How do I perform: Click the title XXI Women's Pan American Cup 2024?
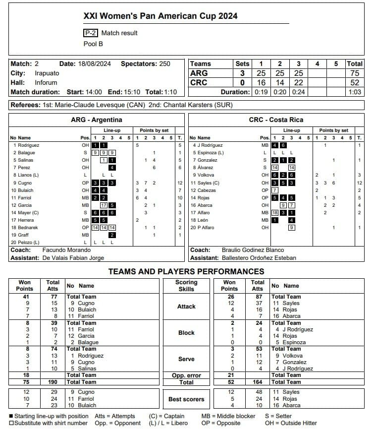[x=161, y=16]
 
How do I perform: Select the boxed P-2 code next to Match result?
[x=90, y=33]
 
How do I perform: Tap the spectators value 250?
[x=164, y=64]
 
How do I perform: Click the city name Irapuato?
[x=47, y=73]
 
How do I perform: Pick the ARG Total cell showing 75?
[x=355, y=73]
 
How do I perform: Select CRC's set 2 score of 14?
[x=279, y=83]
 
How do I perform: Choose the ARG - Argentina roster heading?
[x=97, y=120]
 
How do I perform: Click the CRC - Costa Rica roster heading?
[x=276, y=120]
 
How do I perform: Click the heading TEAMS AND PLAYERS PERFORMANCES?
[x=186, y=271]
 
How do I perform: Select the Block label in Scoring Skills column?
[x=186, y=333]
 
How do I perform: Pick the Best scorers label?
[x=186, y=399]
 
